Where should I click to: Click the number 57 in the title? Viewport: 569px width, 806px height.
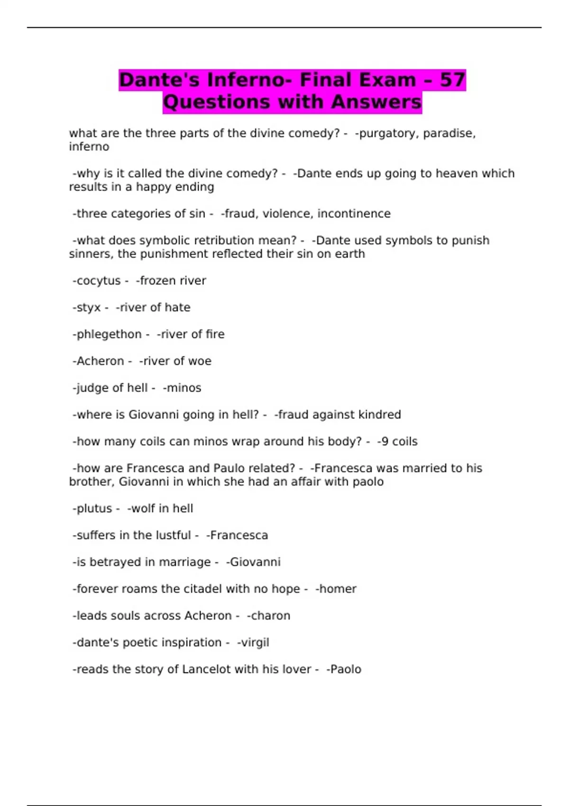[x=452, y=80]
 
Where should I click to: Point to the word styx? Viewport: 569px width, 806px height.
[x=89, y=308]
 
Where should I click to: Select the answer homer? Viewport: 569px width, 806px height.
[x=338, y=589]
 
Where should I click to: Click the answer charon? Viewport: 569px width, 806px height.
[x=270, y=616]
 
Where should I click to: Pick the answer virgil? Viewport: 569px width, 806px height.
[x=255, y=642]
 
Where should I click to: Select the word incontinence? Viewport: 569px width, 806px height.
[x=354, y=214]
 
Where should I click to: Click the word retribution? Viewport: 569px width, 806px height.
[x=219, y=241]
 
